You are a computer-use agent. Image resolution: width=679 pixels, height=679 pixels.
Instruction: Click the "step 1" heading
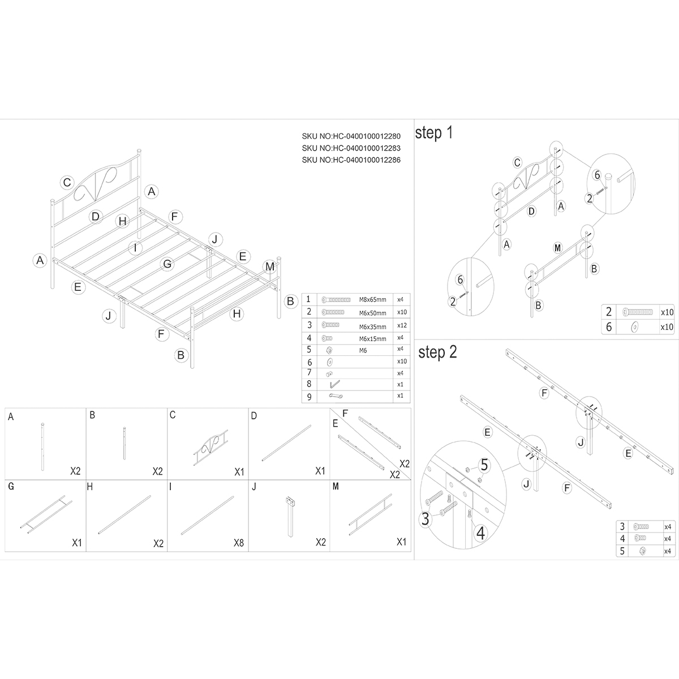434,133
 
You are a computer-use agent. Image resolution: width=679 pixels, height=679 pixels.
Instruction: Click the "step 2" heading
437,353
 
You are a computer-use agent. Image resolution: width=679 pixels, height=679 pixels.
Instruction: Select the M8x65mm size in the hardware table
372,300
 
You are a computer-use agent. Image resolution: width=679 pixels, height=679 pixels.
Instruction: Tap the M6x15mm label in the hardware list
372,339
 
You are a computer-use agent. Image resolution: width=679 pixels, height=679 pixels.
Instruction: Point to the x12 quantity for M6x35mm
402,325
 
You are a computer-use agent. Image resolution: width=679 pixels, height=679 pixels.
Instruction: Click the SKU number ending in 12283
351,148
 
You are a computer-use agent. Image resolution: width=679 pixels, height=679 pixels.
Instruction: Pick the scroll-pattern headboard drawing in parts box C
210,447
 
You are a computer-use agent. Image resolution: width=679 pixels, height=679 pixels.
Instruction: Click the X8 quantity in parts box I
239,543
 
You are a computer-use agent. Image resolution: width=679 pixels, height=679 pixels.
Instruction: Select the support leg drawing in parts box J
290,517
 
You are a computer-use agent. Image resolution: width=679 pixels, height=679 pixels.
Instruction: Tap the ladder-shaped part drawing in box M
370,514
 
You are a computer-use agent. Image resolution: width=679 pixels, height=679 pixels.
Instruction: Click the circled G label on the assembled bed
167,264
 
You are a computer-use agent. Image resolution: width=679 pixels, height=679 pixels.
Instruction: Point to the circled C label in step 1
517,163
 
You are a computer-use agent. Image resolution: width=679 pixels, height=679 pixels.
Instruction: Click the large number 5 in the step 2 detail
484,465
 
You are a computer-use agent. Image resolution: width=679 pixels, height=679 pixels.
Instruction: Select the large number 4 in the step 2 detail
480,533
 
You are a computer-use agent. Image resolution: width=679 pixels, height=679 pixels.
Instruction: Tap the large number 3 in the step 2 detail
426,519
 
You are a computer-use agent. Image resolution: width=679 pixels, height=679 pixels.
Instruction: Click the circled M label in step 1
557,248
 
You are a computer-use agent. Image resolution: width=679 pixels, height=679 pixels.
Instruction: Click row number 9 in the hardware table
310,397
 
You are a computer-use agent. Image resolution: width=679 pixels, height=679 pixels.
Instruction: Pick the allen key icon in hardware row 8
334,384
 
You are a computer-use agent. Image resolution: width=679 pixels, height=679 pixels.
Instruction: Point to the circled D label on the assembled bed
96,216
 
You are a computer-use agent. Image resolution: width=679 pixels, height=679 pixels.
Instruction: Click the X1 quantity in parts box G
77,543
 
